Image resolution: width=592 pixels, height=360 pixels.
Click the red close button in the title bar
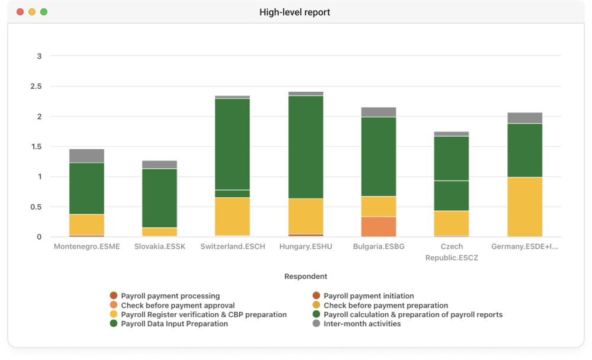20,12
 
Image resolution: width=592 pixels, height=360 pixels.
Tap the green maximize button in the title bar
44,12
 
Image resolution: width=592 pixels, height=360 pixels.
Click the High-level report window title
294,12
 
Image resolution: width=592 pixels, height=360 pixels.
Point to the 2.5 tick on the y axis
36,86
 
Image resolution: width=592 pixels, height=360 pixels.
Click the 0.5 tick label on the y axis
36,207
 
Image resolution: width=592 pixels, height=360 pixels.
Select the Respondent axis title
306,277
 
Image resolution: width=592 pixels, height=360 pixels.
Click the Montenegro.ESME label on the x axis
87,247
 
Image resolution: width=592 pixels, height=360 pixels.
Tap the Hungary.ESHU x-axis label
306,247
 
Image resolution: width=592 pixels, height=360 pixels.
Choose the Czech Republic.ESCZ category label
452,252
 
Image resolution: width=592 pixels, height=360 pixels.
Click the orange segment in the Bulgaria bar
379,227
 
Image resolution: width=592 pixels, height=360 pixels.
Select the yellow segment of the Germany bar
525,207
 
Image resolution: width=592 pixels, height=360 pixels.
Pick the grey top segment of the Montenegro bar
87,156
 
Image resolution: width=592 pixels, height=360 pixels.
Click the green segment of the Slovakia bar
160,198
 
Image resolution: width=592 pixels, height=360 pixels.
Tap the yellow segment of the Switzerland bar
233,217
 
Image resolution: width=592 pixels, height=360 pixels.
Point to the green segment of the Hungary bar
306,147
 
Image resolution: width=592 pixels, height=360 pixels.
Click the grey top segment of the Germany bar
525,118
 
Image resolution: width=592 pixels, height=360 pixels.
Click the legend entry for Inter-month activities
357,324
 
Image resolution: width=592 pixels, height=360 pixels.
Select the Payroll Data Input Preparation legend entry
169,324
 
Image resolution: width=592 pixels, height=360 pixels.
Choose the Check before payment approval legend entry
172,305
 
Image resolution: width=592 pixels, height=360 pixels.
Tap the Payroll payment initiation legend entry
363,296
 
